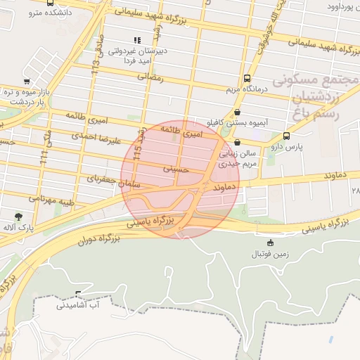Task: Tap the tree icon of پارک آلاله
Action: pyautogui.click(x=18, y=216)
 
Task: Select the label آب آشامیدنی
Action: pyautogui.click(x=79, y=305)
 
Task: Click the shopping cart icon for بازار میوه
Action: pyautogui.click(x=26, y=82)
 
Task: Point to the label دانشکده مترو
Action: pyautogui.click(x=53, y=13)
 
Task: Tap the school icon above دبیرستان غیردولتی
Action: pyautogui.click(x=136, y=41)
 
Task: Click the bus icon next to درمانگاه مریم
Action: pyautogui.click(x=247, y=79)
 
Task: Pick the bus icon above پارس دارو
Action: pyautogui.click(x=286, y=136)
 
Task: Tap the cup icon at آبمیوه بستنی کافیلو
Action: pyautogui.click(x=236, y=112)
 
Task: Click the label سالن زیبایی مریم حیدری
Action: pyautogui.click(x=237, y=159)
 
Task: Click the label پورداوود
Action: pyautogui.click(x=337, y=6)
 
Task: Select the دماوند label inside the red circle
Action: pyautogui.click(x=222, y=188)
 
